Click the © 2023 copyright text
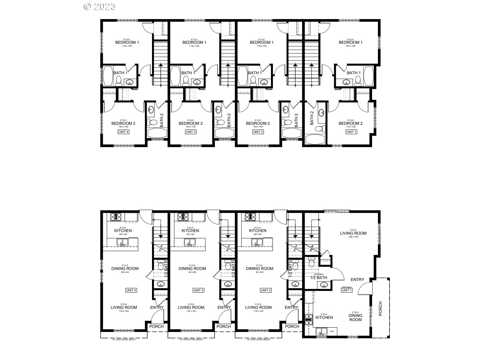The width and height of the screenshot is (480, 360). [99, 6]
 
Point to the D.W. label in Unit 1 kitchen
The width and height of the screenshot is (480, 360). [332, 331]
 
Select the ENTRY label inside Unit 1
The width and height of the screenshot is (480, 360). [357, 279]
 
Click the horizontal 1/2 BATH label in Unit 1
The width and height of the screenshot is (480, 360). [319, 278]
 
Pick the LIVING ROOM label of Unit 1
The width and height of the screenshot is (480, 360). [353, 233]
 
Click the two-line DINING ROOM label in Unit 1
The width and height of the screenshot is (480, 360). [355, 318]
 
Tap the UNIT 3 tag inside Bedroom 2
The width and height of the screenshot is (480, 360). [191, 132]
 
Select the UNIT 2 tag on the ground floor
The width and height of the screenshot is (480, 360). [265, 290]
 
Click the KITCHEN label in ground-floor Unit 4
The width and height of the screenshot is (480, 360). [123, 231]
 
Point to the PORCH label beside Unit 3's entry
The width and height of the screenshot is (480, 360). [224, 326]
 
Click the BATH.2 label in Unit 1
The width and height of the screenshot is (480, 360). [312, 118]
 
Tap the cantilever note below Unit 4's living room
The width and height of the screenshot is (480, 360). [124, 339]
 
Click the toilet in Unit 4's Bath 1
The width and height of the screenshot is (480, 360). [119, 80]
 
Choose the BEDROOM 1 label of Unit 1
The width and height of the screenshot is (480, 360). [351, 42]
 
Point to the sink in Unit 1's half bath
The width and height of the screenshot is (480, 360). [323, 285]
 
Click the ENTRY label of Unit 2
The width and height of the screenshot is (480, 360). [291, 308]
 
